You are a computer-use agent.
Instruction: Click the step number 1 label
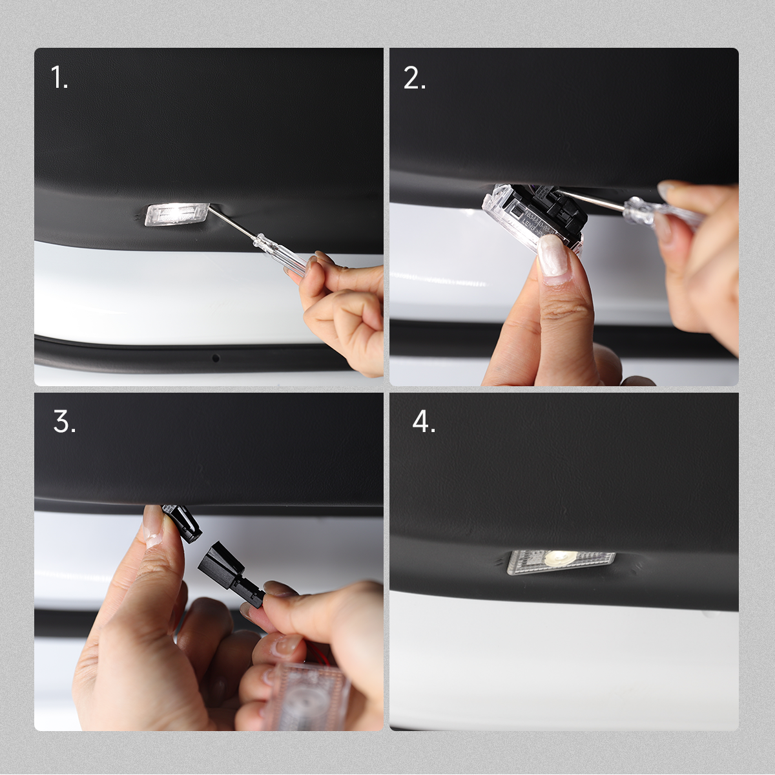coord(59,78)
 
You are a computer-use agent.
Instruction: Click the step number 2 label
coord(414,78)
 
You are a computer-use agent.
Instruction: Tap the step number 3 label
coord(64,422)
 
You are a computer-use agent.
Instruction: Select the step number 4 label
coord(424,422)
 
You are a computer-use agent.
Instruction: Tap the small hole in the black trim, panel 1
coord(216,357)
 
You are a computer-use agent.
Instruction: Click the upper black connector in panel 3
coord(182,522)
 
